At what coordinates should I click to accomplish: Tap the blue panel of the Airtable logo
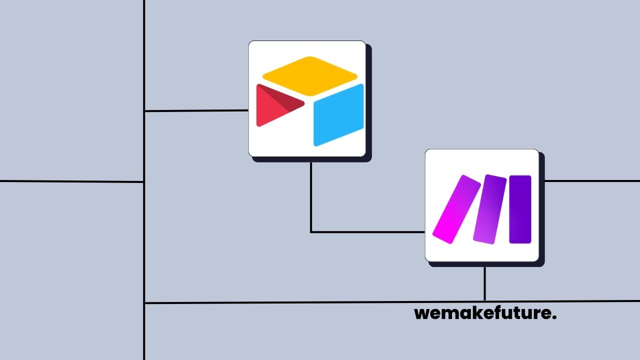pyautogui.click(x=338, y=115)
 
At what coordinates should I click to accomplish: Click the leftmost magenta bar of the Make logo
pyautogui.click(x=449, y=209)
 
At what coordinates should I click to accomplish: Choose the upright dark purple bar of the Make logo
pyautogui.click(x=520, y=209)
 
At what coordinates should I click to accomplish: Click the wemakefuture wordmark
pyautogui.click(x=485, y=314)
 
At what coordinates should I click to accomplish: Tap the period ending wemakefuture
pyautogui.click(x=555, y=318)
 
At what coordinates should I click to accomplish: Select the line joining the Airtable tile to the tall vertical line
pyautogui.click(x=196, y=110)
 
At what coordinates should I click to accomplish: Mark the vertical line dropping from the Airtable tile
pyautogui.click(x=311, y=195)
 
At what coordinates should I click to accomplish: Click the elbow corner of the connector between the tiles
pyautogui.click(x=311, y=232)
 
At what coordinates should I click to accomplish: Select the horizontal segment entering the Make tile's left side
pyautogui.click(x=368, y=232)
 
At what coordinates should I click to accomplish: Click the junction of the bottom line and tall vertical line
pyautogui.click(x=144, y=302)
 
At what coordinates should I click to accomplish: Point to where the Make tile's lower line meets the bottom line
pyautogui.click(x=484, y=301)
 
